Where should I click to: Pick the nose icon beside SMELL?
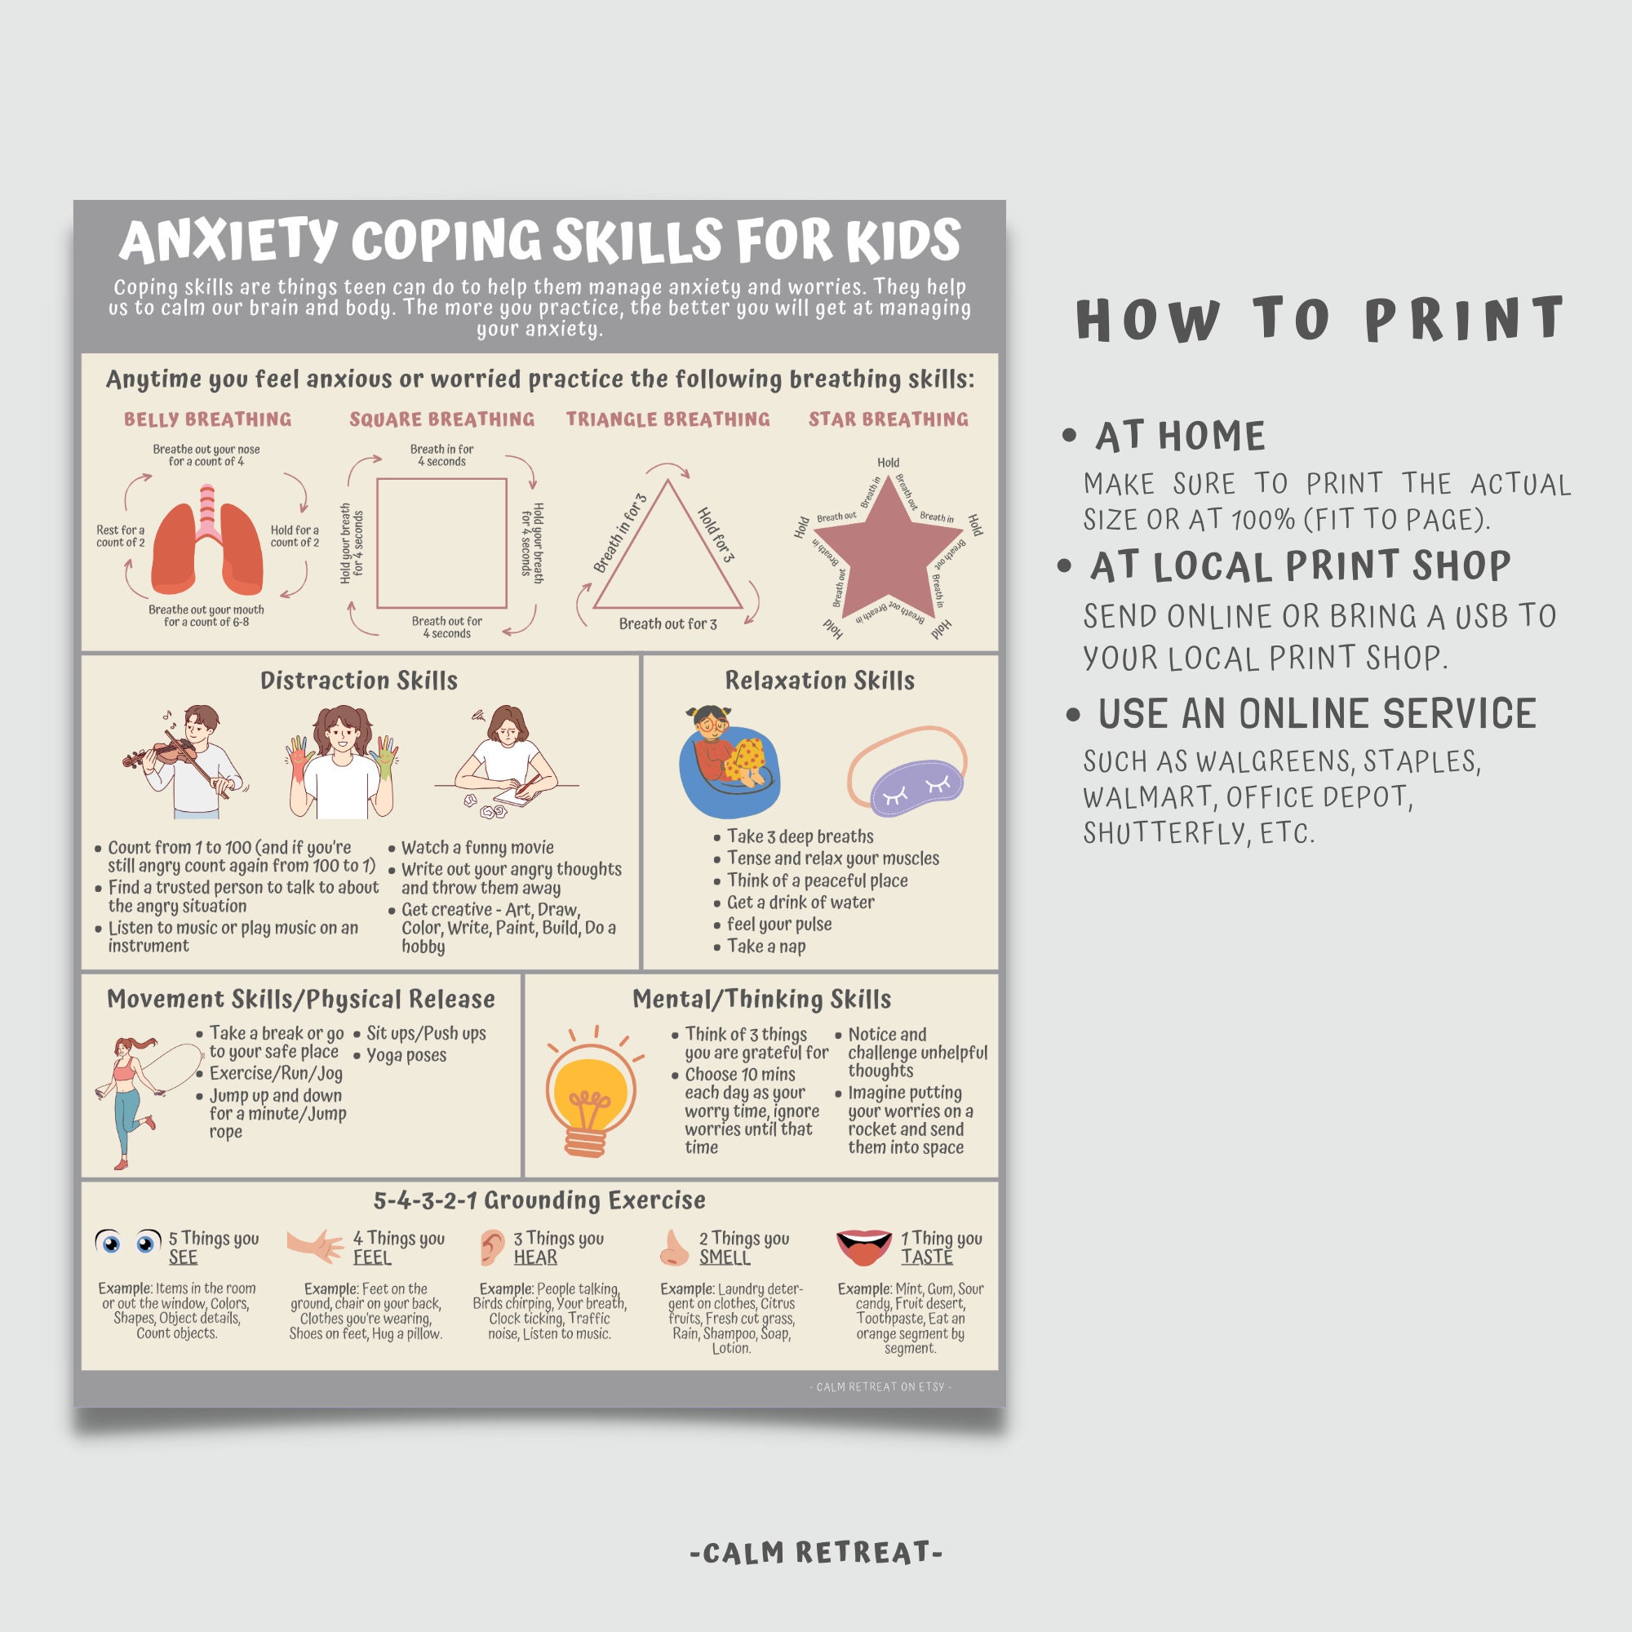(x=673, y=1248)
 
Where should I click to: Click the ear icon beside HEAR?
(x=491, y=1248)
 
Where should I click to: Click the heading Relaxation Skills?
(x=819, y=681)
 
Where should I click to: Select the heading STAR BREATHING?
(x=888, y=419)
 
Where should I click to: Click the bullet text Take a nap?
(x=765, y=947)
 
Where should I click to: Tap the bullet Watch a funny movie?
(x=477, y=847)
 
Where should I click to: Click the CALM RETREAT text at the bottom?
(x=815, y=1553)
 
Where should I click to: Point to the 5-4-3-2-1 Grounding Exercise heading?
(x=539, y=1200)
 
